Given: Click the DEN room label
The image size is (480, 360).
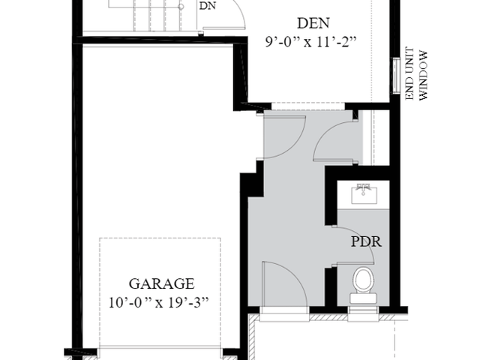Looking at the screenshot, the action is coord(313,23).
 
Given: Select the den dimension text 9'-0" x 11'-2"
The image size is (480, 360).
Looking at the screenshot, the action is coord(311,42).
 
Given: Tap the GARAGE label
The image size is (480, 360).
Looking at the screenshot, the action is coord(161,283).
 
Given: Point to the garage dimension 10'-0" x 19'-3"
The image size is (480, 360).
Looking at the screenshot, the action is coord(159,303).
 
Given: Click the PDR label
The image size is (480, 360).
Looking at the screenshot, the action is coord(366,241).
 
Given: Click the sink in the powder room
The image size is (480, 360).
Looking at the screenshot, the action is coord(363,193).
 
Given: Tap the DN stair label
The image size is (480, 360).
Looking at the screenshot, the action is coord(208,6).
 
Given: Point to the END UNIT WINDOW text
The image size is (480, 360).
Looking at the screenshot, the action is coord(416,73).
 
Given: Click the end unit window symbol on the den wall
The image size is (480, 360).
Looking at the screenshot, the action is coord(397,75).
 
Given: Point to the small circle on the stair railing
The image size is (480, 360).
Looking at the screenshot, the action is coord(181,7).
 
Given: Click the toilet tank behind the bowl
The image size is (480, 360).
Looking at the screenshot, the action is coord(363,298).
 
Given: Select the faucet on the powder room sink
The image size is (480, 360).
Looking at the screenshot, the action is coord(363,188).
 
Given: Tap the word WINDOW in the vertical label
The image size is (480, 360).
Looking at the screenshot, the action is coord(422,76).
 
